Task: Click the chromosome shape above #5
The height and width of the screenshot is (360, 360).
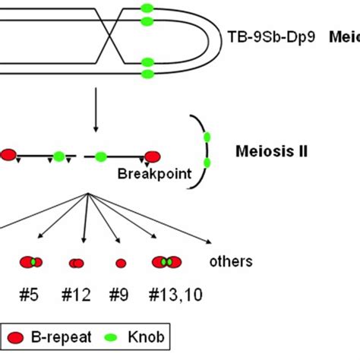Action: pyautogui.click(x=31, y=263)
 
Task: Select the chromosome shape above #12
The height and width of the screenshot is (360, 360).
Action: pyautogui.click(x=77, y=264)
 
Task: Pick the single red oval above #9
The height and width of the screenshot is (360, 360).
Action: pyautogui.click(x=120, y=264)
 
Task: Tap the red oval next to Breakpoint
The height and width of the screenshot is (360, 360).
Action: pyautogui.click(x=152, y=156)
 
